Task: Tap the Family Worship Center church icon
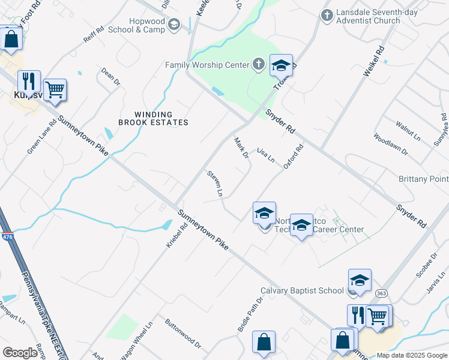258,64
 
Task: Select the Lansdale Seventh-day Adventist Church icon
327,16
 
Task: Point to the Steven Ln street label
215,184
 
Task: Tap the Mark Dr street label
241,148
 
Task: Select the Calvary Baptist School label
302,291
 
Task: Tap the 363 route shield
381,293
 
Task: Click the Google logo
20,352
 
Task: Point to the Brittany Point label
423,179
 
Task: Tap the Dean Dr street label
111,76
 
